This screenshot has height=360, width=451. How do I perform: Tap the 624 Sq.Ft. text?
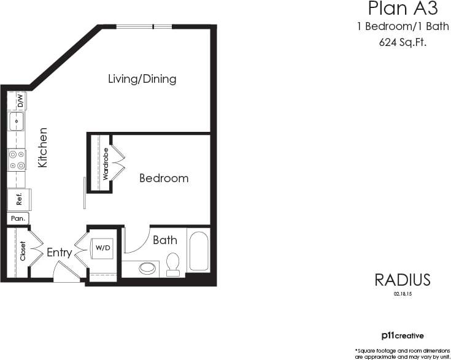point(403,43)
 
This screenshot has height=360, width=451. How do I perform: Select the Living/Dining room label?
point(142,79)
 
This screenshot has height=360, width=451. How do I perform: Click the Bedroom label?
point(164,178)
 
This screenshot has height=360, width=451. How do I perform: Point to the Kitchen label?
point(43,148)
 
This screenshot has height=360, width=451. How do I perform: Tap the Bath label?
point(165,240)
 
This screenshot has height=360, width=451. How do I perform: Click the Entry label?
point(59,252)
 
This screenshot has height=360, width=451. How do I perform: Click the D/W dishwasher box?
point(20,100)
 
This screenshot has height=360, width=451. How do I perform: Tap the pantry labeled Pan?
point(17,218)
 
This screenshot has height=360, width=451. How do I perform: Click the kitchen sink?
point(17,121)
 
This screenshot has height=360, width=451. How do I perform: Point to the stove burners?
point(17,159)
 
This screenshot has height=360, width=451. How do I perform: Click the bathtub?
point(199,250)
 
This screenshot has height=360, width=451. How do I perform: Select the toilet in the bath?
point(173,263)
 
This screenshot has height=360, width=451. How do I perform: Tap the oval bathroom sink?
point(147,268)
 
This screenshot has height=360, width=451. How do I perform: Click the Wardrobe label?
point(106,163)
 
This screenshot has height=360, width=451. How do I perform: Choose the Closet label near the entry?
point(23,251)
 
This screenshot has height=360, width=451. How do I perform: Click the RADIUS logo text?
point(403,280)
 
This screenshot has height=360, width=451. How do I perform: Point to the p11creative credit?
point(403,335)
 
